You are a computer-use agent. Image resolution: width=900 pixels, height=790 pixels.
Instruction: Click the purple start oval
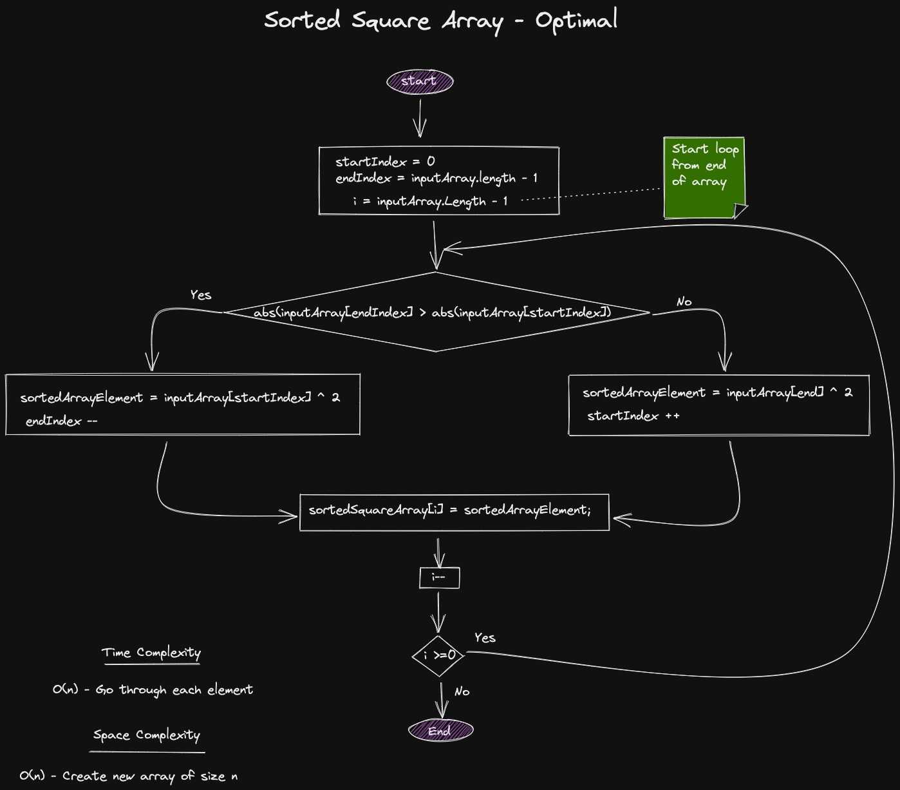coord(420,81)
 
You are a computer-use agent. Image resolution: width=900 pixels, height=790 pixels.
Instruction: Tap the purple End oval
coord(440,731)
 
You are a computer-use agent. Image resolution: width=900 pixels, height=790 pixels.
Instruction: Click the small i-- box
coord(439,577)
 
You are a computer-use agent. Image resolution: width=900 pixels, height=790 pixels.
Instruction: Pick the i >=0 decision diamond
coord(438,656)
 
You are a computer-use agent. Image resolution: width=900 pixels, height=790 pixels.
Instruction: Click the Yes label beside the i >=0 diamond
coord(485,638)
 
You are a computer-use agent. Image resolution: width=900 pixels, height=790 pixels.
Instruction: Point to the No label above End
coord(462,691)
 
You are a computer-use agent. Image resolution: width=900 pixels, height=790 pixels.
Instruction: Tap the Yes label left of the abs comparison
coord(200,295)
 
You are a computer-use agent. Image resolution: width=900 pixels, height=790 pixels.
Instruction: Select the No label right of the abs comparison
coord(684,302)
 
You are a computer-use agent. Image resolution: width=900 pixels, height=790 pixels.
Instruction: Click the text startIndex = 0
coord(384,161)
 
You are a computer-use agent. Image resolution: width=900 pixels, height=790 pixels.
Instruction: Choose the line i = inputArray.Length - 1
coord(430,201)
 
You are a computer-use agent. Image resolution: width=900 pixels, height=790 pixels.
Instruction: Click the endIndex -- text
coord(61,421)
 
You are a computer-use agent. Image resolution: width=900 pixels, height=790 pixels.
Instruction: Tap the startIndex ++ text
coord(633,416)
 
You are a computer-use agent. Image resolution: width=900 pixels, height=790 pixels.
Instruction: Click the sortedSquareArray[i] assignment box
coord(454,512)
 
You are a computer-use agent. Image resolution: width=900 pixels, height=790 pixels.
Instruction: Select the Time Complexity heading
coord(151,653)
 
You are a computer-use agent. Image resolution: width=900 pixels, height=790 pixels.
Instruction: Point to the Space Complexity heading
coord(147,735)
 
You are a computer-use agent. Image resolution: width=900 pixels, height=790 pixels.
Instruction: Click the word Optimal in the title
coord(576,21)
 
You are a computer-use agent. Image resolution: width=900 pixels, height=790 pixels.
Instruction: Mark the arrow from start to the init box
coord(420,118)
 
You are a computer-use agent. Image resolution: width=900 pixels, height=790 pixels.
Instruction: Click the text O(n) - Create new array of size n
coord(128,776)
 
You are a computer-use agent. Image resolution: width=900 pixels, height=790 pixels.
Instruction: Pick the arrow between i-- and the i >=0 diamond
coord(438,612)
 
